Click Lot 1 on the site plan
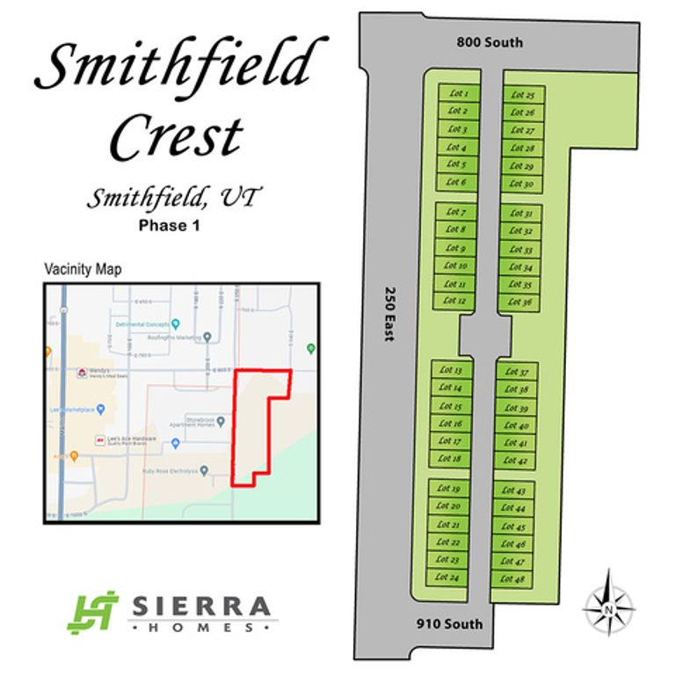point(457,93)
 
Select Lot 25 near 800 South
point(523,94)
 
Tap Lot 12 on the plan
point(454,301)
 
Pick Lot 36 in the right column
point(520,302)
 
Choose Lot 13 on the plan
point(452,371)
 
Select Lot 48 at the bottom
point(512,579)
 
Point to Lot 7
point(455,212)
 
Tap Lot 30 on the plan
point(522,184)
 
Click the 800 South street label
point(490,42)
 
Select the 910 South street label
point(449,624)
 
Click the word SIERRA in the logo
point(200,606)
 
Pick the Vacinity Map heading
point(83,269)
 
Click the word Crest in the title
point(176,136)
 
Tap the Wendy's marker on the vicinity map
point(83,373)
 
